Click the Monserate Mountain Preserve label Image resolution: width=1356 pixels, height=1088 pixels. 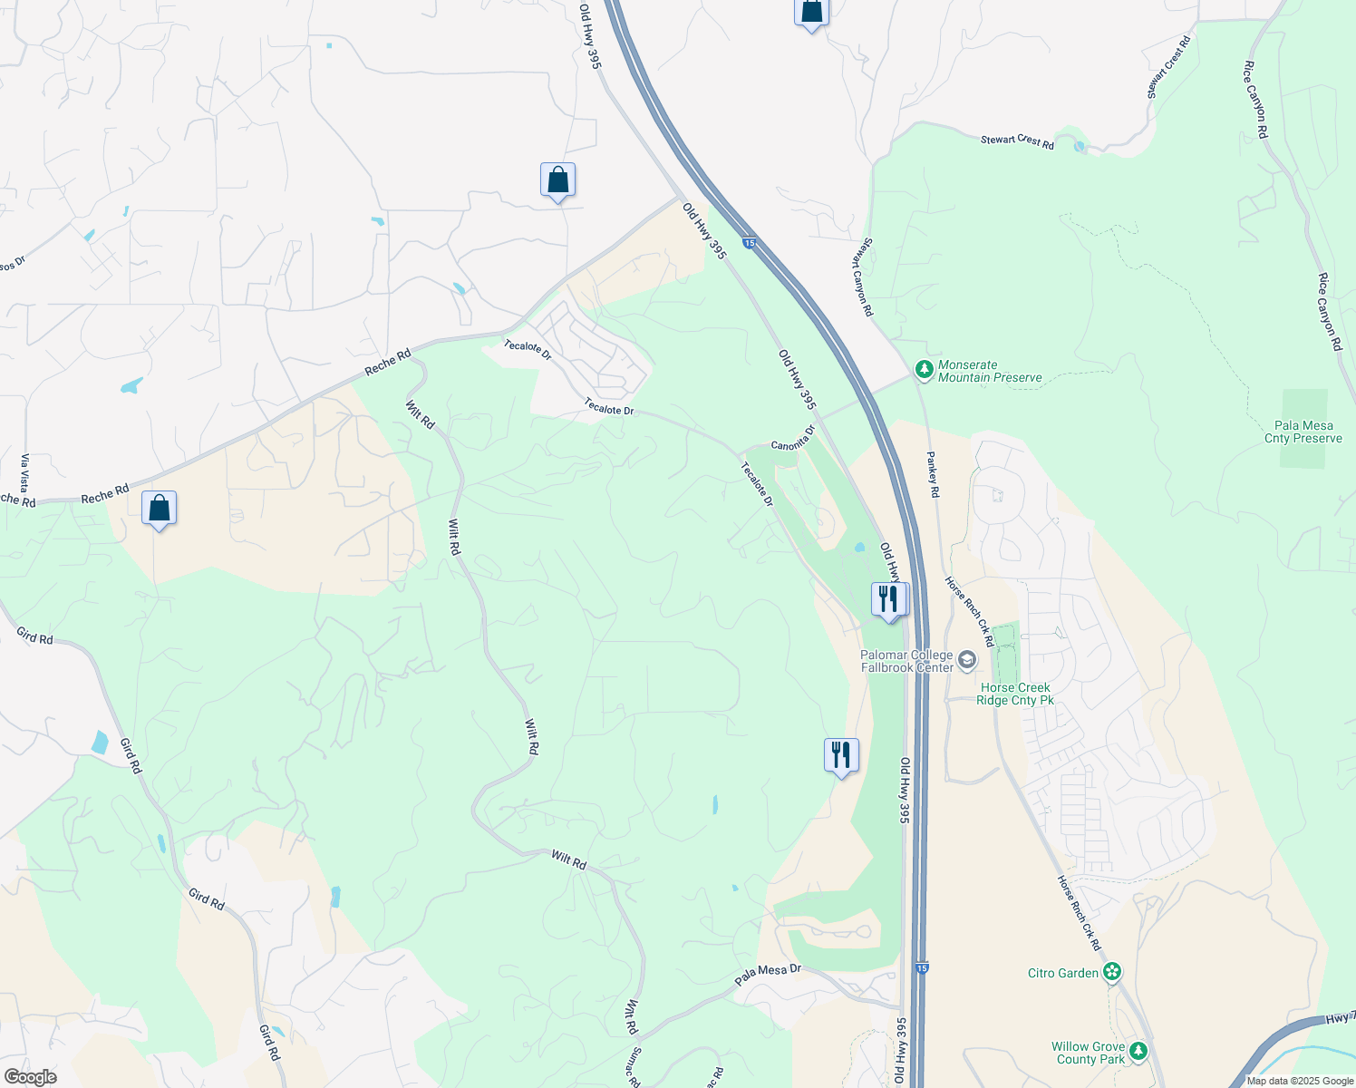(990, 372)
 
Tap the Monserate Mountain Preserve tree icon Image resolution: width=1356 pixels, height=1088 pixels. (924, 369)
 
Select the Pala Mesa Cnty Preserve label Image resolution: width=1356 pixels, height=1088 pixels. (1303, 432)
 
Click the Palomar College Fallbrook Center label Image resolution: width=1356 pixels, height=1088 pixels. (906, 661)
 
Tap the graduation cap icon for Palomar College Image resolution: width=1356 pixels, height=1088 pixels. (967, 660)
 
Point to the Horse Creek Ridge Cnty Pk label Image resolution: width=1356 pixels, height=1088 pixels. (1015, 694)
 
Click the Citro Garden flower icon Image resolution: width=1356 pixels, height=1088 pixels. (1112, 973)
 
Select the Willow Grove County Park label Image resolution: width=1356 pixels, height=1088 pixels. (1088, 1053)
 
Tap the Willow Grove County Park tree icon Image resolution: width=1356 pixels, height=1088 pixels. (1138, 1052)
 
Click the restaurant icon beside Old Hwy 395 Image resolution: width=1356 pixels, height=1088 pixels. (888, 599)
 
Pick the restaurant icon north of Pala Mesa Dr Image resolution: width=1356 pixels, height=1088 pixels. (841, 755)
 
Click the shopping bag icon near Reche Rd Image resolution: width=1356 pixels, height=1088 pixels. (160, 509)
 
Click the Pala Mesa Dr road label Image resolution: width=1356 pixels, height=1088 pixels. (768, 975)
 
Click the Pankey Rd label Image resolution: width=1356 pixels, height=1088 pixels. (933, 474)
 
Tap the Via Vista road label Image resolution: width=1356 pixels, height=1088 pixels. (24, 473)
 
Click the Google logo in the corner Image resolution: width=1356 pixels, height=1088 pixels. (30, 1077)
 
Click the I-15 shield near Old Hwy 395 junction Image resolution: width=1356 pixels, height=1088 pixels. (749, 242)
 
